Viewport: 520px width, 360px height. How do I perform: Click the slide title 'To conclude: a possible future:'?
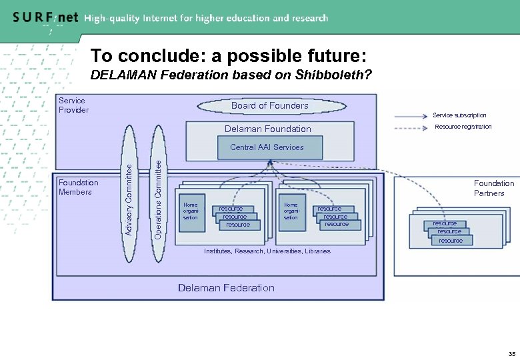228,55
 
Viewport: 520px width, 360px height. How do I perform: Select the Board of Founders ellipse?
269,105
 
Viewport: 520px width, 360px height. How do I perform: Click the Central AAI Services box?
267,147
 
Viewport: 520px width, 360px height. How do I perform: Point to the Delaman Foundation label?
267,129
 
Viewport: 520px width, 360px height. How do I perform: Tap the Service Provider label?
73,105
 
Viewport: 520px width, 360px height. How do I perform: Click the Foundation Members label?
78,187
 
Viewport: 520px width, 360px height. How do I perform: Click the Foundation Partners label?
493,188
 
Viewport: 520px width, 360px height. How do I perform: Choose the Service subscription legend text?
459,115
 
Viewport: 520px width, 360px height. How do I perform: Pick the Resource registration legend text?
463,127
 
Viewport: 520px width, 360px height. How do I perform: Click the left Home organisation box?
193,213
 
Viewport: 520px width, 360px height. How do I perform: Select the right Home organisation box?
291,213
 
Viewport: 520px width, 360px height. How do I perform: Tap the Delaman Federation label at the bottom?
226,288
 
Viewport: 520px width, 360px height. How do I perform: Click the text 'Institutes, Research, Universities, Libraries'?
267,251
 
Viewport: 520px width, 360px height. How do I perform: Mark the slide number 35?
511,353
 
